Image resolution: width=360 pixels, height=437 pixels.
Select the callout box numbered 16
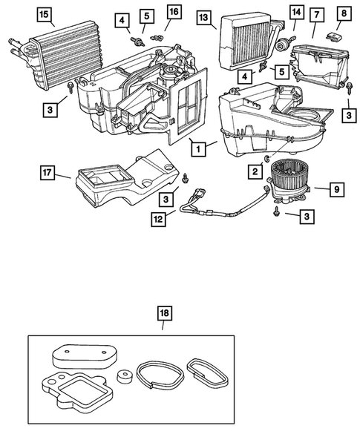[x=173, y=12]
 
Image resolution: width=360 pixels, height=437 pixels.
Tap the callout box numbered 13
[x=204, y=16]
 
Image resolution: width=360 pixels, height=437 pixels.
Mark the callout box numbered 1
[x=197, y=147]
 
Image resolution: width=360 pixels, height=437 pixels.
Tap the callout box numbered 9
[x=336, y=190]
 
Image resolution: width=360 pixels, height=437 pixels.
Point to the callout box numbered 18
[x=164, y=313]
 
